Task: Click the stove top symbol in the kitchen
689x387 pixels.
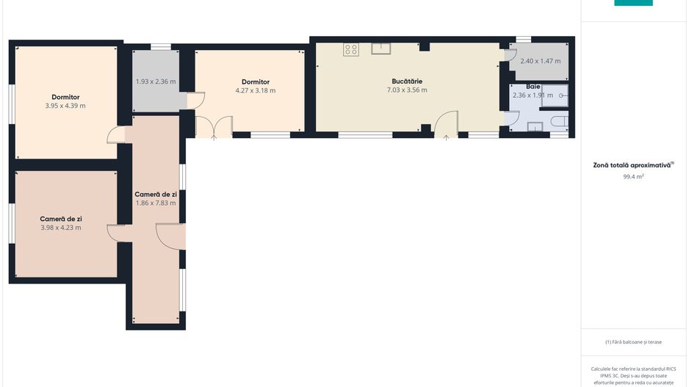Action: pos(350,50)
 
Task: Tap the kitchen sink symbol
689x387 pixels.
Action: pos(381,48)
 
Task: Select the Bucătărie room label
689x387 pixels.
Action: pos(407,82)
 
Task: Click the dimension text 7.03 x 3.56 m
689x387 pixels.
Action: pos(407,90)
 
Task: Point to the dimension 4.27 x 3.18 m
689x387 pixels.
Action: pos(256,90)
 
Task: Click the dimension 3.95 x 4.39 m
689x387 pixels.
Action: pos(65,106)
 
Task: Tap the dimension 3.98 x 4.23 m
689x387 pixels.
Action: pos(61,228)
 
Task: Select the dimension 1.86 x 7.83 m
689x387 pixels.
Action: pos(156,203)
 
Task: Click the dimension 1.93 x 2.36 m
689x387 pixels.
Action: pos(156,82)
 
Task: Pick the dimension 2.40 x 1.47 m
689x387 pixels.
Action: pos(541,61)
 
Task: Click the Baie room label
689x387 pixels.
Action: pos(533,87)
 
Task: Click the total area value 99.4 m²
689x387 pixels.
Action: pos(633,176)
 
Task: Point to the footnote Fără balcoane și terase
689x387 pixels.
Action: pos(633,341)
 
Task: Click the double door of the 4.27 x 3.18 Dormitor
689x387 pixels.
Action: pos(214,127)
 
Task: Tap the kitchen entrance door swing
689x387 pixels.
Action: pos(446,124)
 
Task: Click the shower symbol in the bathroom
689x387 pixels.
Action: pos(555,95)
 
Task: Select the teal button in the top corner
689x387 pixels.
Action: pos(633,3)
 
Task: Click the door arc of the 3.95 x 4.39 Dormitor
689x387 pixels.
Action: pos(115,135)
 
